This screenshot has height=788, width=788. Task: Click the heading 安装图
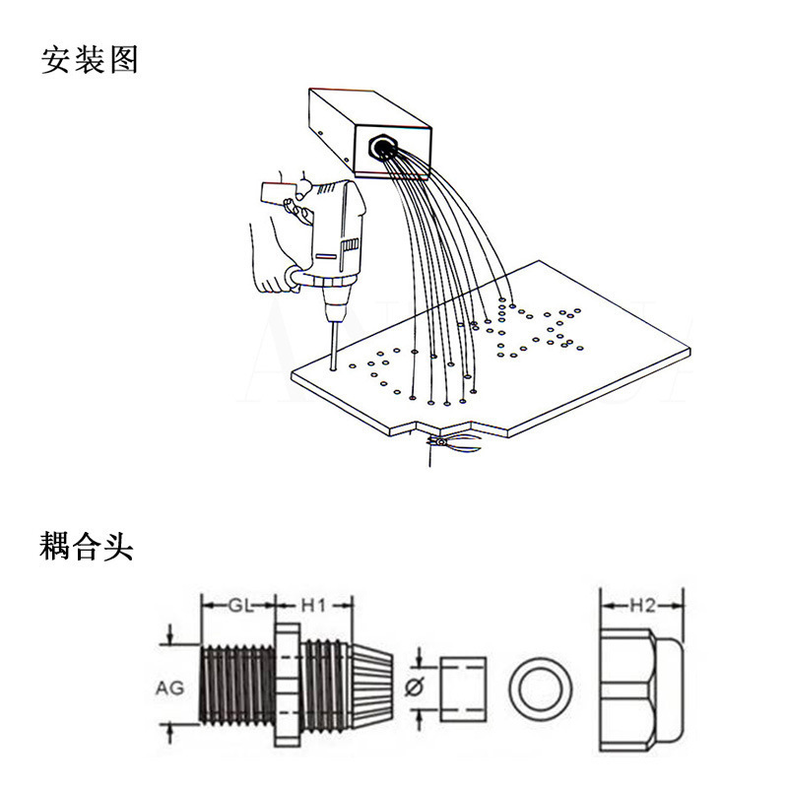(89, 60)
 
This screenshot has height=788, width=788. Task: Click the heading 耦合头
(87, 546)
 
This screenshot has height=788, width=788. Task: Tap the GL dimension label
(240, 606)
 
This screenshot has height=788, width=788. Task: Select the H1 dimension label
(313, 606)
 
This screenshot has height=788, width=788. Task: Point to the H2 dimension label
(643, 606)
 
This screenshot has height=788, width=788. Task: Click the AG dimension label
(169, 688)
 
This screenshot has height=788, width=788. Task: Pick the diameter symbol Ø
(415, 687)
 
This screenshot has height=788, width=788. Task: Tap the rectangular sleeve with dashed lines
(463, 689)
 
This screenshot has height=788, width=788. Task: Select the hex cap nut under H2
(641, 689)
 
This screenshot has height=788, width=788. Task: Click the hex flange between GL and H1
(288, 685)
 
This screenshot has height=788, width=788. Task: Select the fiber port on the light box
(383, 146)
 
